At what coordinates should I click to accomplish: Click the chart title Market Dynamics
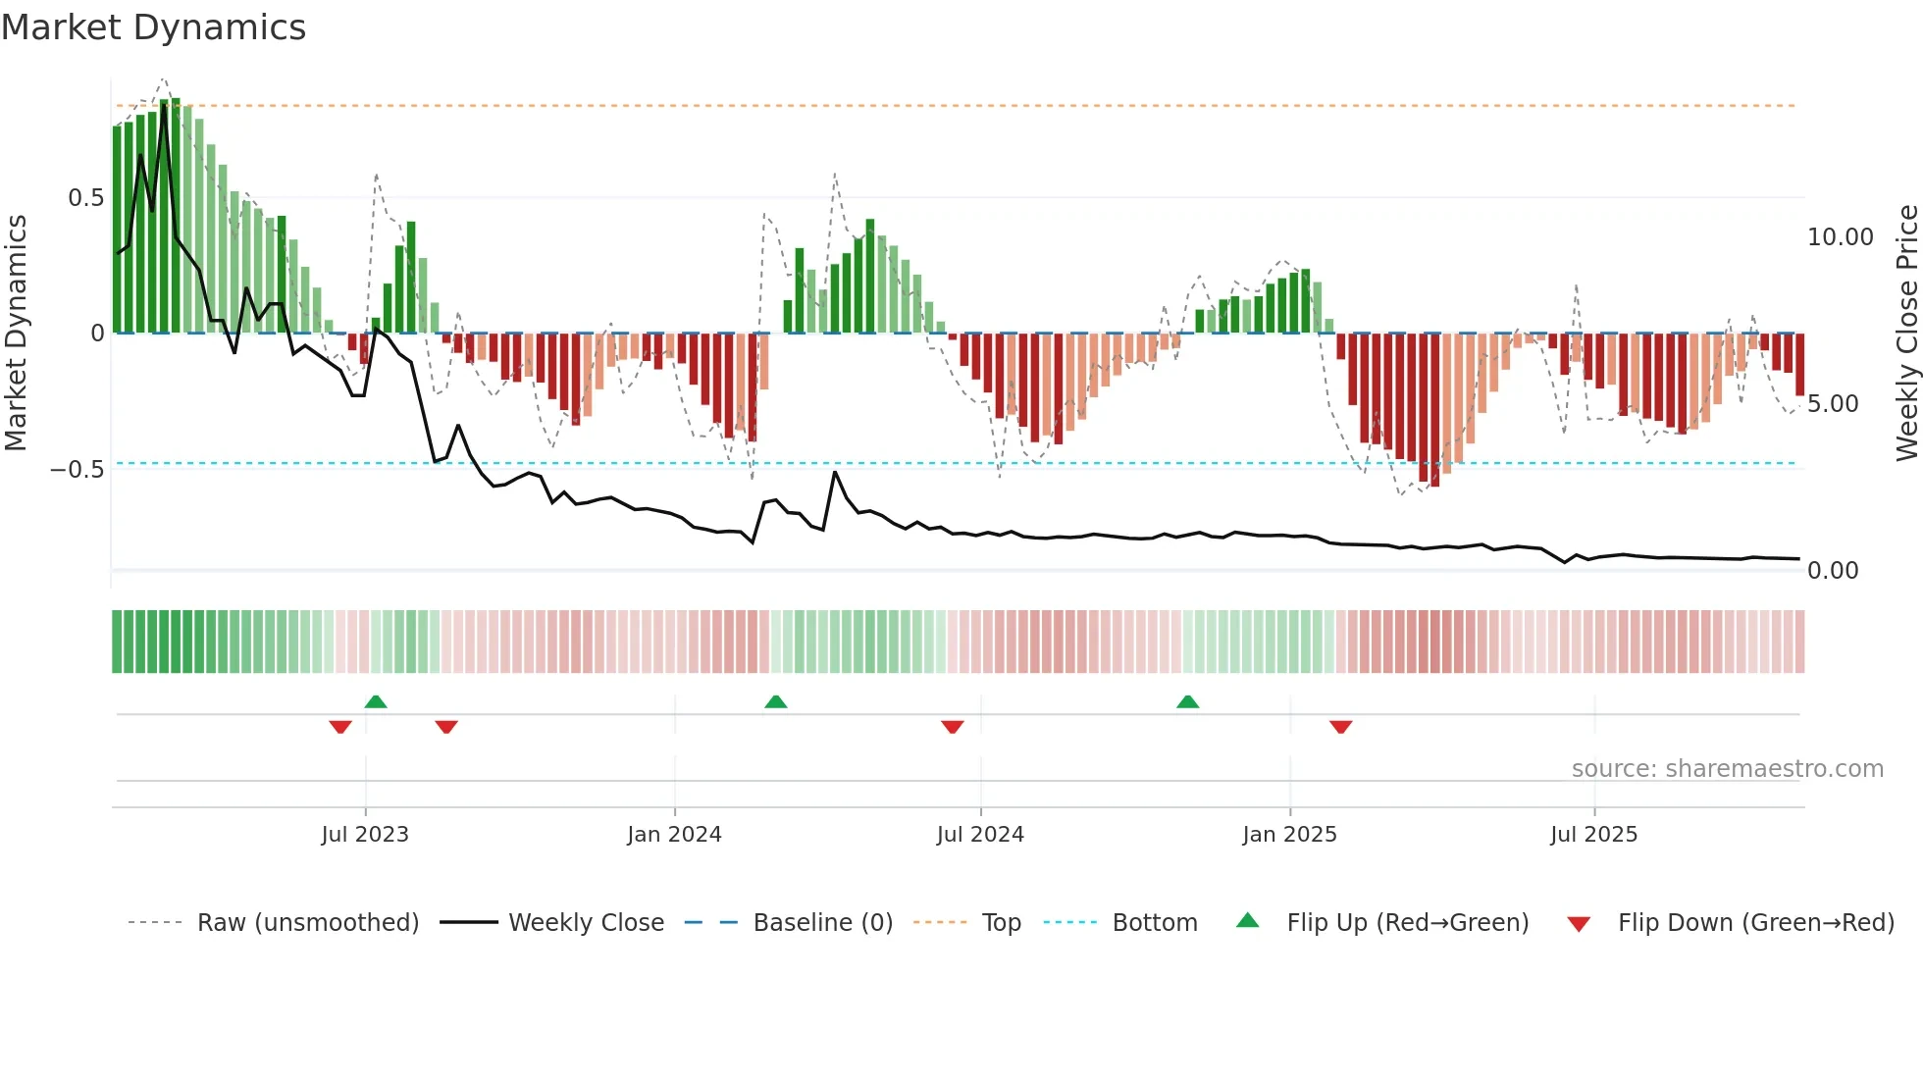pos(153,27)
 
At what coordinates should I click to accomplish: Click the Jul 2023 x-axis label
pos(364,835)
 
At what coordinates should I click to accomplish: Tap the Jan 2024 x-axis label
pos(674,835)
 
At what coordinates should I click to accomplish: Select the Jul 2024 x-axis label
pos(980,835)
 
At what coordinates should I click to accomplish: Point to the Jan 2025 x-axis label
pos(1289,835)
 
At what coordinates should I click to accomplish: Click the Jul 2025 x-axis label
pos(1593,835)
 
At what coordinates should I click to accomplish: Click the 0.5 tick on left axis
pos(85,198)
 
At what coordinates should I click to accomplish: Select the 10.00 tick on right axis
pos(1840,237)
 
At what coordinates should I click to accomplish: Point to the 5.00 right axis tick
pos(1832,404)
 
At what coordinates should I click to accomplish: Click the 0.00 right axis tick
pos(1832,571)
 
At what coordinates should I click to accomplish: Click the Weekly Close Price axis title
pos(1906,333)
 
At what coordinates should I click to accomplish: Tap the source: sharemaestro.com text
pos(1727,769)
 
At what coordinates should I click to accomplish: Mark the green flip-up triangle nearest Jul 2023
pos(376,701)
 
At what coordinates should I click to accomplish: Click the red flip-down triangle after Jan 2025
pos(1340,727)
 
